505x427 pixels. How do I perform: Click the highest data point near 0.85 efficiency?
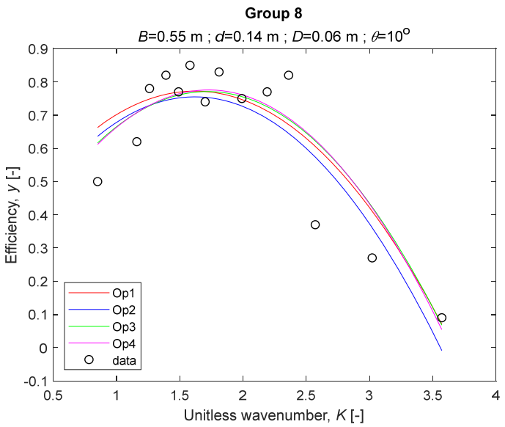coord(190,65)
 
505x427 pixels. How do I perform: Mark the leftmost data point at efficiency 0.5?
coord(97,181)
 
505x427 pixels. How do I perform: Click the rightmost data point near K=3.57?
coord(441,318)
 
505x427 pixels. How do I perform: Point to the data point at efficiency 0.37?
coord(315,225)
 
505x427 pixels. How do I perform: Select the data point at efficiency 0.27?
coord(372,258)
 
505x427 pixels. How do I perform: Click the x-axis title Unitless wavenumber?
coord(273,415)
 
